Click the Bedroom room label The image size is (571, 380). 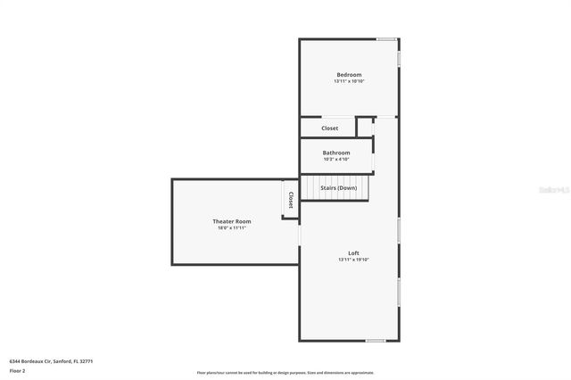pyautogui.click(x=349, y=74)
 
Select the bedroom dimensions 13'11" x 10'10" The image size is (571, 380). pyautogui.click(x=349, y=81)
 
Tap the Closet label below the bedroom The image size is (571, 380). pyautogui.click(x=330, y=128)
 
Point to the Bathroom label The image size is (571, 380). pyautogui.click(x=336, y=153)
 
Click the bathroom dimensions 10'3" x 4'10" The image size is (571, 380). pyautogui.click(x=336, y=160)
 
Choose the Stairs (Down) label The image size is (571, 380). pyautogui.click(x=339, y=188)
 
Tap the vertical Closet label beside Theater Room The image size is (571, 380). pyautogui.click(x=291, y=202)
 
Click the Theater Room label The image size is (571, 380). pyautogui.click(x=231, y=221)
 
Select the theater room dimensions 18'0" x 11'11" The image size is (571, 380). pyautogui.click(x=231, y=228)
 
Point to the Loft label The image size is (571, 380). pyautogui.click(x=353, y=253)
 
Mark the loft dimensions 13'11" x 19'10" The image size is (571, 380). pyautogui.click(x=353, y=260)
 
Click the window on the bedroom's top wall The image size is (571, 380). pyautogui.click(x=385, y=39)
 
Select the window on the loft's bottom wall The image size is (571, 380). pyautogui.click(x=376, y=341)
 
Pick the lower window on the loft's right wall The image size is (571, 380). pyautogui.click(x=399, y=293)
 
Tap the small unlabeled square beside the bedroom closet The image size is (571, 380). pyautogui.click(x=365, y=127)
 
